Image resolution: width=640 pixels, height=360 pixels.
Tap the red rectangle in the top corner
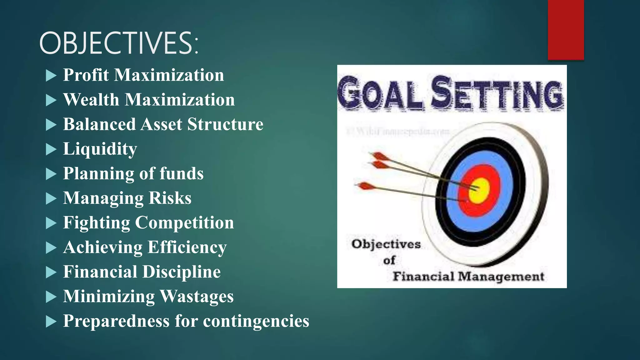tap(566, 30)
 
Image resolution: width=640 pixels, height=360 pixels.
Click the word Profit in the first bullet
tap(86, 75)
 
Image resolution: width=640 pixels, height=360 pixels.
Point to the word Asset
tap(161, 124)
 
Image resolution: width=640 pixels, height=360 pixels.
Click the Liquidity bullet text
tap(100, 149)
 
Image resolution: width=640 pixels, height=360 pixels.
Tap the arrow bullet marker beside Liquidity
tap(51, 149)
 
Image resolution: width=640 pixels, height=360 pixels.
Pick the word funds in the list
tap(182, 174)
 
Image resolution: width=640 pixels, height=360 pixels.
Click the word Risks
tap(170, 198)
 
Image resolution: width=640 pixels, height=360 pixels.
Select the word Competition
tap(184, 223)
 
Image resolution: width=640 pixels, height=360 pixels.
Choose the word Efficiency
tap(187, 247)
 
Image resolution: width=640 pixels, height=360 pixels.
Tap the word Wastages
tap(197, 297)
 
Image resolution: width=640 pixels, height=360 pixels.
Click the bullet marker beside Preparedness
tap(51, 322)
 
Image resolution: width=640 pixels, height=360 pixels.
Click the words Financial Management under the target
tap(468, 277)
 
